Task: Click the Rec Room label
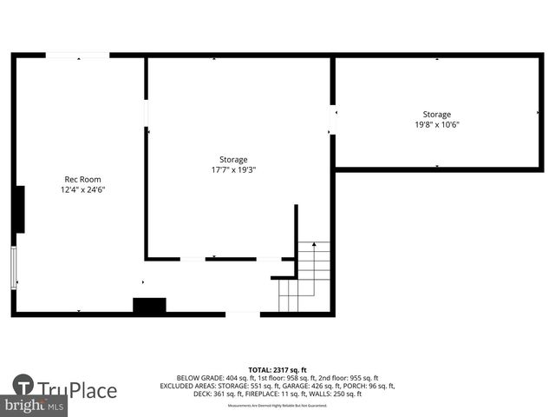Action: tap(83, 179)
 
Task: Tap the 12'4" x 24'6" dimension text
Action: tap(83, 189)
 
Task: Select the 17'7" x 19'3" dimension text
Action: tap(233, 170)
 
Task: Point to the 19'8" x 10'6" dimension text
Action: tap(436, 124)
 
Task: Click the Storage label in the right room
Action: tap(436, 115)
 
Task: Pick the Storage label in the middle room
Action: tap(233, 160)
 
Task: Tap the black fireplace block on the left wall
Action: tap(18, 209)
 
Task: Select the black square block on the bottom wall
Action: tap(149, 306)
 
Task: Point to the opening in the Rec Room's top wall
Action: tap(78, 56)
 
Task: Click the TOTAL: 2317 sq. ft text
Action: tap(277, 370)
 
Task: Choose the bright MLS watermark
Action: tap(35, 406)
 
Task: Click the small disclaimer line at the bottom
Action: tap(277, 406)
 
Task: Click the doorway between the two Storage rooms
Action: tap(333, 120)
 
